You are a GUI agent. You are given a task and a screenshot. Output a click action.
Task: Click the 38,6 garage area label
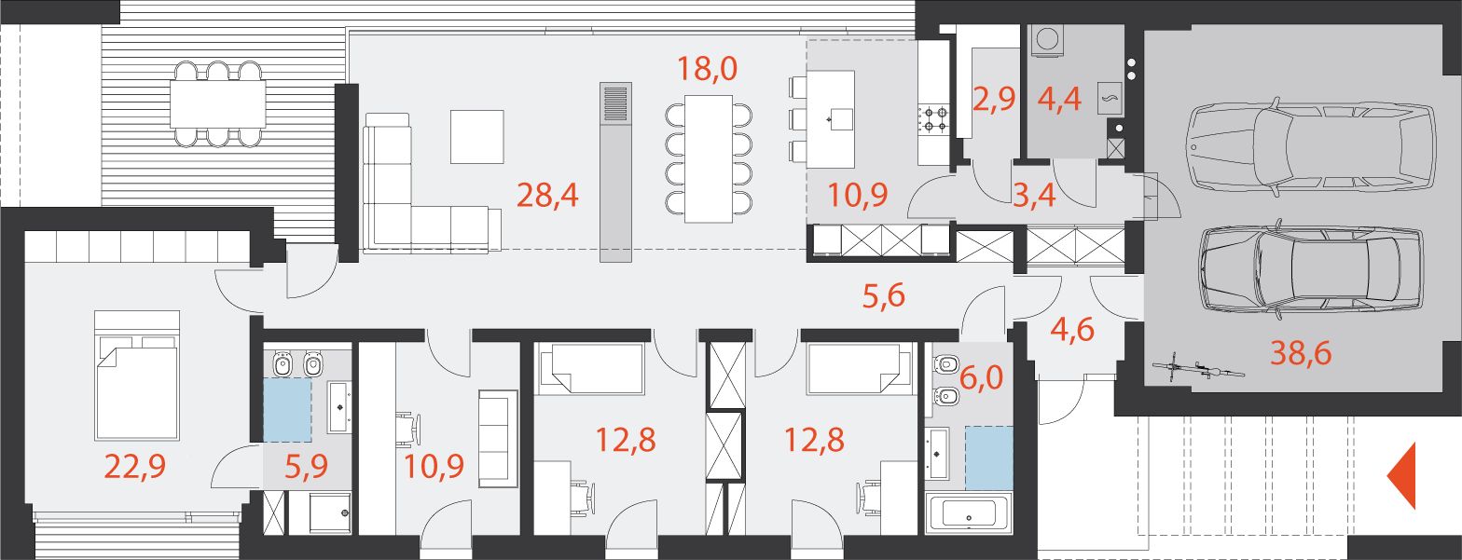click(1300, 353)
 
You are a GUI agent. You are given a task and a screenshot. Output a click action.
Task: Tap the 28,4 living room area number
click(547, 196)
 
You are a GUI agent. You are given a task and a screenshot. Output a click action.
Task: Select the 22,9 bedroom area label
click(135, 467)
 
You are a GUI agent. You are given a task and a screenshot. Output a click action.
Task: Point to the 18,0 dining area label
click(708, 68)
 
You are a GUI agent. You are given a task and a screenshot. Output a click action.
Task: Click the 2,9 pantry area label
click(994, 100)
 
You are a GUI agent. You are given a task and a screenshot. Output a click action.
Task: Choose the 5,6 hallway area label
click(884, 296)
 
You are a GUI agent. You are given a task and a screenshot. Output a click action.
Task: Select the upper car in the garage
click(1312, 146)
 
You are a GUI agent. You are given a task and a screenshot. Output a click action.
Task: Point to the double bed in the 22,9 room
click(136, 376)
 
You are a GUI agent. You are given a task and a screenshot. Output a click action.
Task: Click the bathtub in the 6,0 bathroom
click(969, 513)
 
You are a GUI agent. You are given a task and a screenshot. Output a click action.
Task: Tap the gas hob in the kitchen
click(934, 120)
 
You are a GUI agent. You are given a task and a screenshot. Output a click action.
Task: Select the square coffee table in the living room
click(477, 136)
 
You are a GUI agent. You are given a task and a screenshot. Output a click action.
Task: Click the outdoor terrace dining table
click(218, 103)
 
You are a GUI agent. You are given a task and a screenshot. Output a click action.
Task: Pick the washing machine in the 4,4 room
click(1045, 40)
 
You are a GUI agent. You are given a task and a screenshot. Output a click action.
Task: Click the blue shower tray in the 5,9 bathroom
click(287, 410)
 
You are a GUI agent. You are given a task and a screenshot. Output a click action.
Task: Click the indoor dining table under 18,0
click(709, 159)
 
